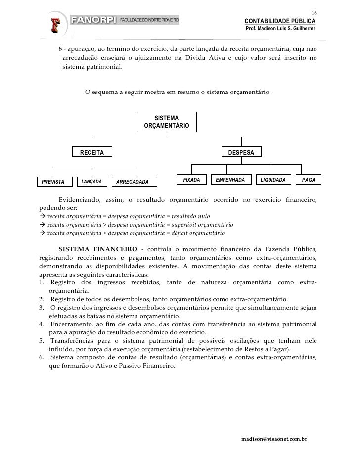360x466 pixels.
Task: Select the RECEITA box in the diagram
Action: pos(92,153)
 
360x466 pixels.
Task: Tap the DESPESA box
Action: pos(241,153)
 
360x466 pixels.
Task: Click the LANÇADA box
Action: pos(91,182)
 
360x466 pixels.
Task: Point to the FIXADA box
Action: pos(191,180)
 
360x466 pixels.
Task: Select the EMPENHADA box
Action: pos(230,180)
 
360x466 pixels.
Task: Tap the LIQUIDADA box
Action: pos(273,180)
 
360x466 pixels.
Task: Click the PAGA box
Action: pos(309,180)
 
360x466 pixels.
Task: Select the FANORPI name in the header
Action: pos(93,21)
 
